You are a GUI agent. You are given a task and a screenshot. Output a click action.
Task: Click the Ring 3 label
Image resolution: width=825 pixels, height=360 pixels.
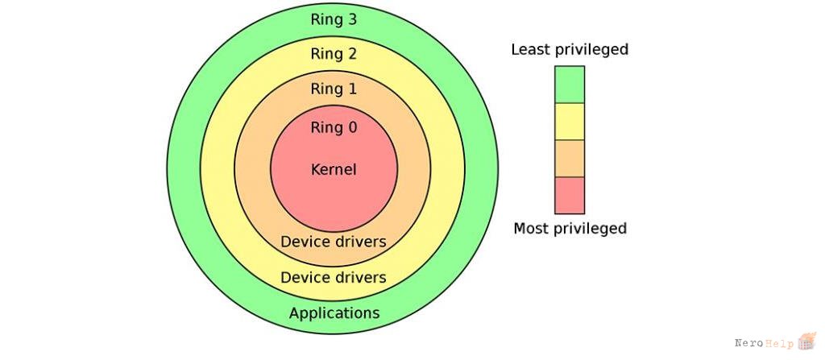click(x=334, y=19)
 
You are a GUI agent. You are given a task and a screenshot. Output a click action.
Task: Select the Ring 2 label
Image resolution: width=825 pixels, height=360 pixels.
click(x=334, y=54)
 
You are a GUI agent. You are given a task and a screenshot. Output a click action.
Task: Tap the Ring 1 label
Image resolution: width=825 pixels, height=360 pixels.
click(x=334, y=89)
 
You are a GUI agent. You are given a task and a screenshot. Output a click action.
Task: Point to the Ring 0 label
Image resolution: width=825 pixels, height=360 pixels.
click(x=334, y=127)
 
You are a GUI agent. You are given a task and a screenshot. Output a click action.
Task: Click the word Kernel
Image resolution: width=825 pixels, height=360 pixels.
click(x=334, y=169)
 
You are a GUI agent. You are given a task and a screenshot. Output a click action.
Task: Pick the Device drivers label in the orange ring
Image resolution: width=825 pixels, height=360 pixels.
click(x=334, y=242)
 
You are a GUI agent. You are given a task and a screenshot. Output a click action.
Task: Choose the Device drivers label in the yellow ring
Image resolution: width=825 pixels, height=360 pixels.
click(x=334, y=277)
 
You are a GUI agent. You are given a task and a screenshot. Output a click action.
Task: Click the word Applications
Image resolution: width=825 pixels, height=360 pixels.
click(x=334, y=313)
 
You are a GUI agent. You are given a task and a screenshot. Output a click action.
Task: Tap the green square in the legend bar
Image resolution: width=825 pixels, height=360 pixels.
click(x=570, y=85)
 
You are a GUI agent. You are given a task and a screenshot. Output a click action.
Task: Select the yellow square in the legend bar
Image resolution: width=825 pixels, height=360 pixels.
click(x=570, y=122)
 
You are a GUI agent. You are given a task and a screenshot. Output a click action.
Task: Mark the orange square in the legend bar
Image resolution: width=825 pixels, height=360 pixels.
click(x=570, y=159)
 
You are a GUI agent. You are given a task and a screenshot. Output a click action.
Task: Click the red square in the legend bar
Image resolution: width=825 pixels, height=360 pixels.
click(x=570, y=195)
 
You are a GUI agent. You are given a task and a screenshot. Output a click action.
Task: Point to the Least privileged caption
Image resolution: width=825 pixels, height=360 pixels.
click(x=570, y=50)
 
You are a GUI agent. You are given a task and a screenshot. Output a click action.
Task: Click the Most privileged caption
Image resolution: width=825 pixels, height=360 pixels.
click(x=570, y=229)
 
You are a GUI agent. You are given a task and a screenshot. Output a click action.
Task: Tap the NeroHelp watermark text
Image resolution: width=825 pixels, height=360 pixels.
click(x=765, y=343)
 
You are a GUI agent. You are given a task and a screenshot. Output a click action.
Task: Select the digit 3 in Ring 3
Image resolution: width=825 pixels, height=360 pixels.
click(x=352, y=19)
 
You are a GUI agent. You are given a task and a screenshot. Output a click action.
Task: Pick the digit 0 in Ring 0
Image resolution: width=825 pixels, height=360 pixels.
click(x=352, y=127)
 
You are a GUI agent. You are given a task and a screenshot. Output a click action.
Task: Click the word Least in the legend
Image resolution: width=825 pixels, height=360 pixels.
click(x=529, y=49)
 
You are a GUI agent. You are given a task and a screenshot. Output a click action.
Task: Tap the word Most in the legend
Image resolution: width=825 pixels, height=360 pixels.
click(x=529, y=228)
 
